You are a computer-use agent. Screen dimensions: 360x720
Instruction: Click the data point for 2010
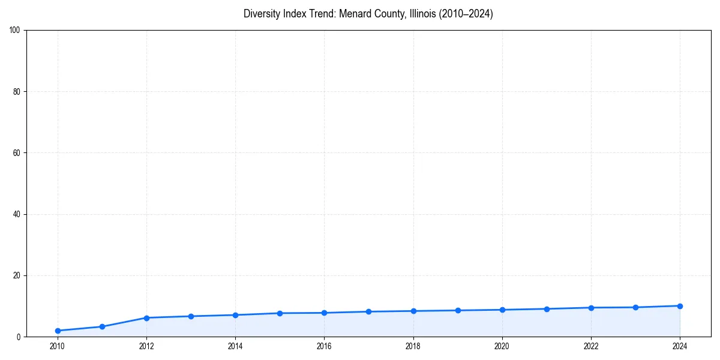tap(58, 331)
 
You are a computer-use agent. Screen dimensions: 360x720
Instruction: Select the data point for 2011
tap(102, 326)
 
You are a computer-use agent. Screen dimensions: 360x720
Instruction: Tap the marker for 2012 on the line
tap(146, 317)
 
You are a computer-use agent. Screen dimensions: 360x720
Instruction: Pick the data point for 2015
tap(280, 313)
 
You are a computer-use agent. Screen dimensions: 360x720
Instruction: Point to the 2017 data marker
tap(368, 311)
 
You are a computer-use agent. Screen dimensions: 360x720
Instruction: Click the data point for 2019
tap(458, 310)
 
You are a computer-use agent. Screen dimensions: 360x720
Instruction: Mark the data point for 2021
tap(547, 309)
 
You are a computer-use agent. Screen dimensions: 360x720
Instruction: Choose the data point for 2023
tap(635, 307)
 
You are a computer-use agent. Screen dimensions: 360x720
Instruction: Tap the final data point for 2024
tap(680, 306)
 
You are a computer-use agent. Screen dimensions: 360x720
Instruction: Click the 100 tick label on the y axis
tap(15, 30)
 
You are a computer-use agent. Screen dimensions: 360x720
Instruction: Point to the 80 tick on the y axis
tap(17, 92)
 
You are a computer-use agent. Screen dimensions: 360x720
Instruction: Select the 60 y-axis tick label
tap(17, 153)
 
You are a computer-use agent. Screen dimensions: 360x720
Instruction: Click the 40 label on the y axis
tap(17, 214)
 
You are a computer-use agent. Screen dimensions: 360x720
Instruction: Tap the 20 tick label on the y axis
tap(17, 275)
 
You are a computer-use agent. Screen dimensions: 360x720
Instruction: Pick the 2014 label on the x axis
tap(235, 346)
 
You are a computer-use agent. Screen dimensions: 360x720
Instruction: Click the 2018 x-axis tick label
tap(413, 346)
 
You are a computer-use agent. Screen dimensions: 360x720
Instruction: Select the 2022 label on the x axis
tap(591, 346)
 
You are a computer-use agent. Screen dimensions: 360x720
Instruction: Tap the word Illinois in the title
tap(422, 14)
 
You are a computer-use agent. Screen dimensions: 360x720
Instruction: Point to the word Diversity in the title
tap(262, 14)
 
